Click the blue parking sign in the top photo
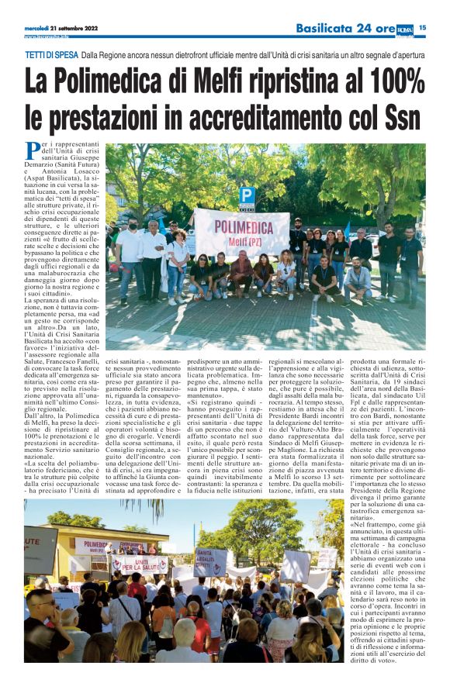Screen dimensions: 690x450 click(x=247, y=196)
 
